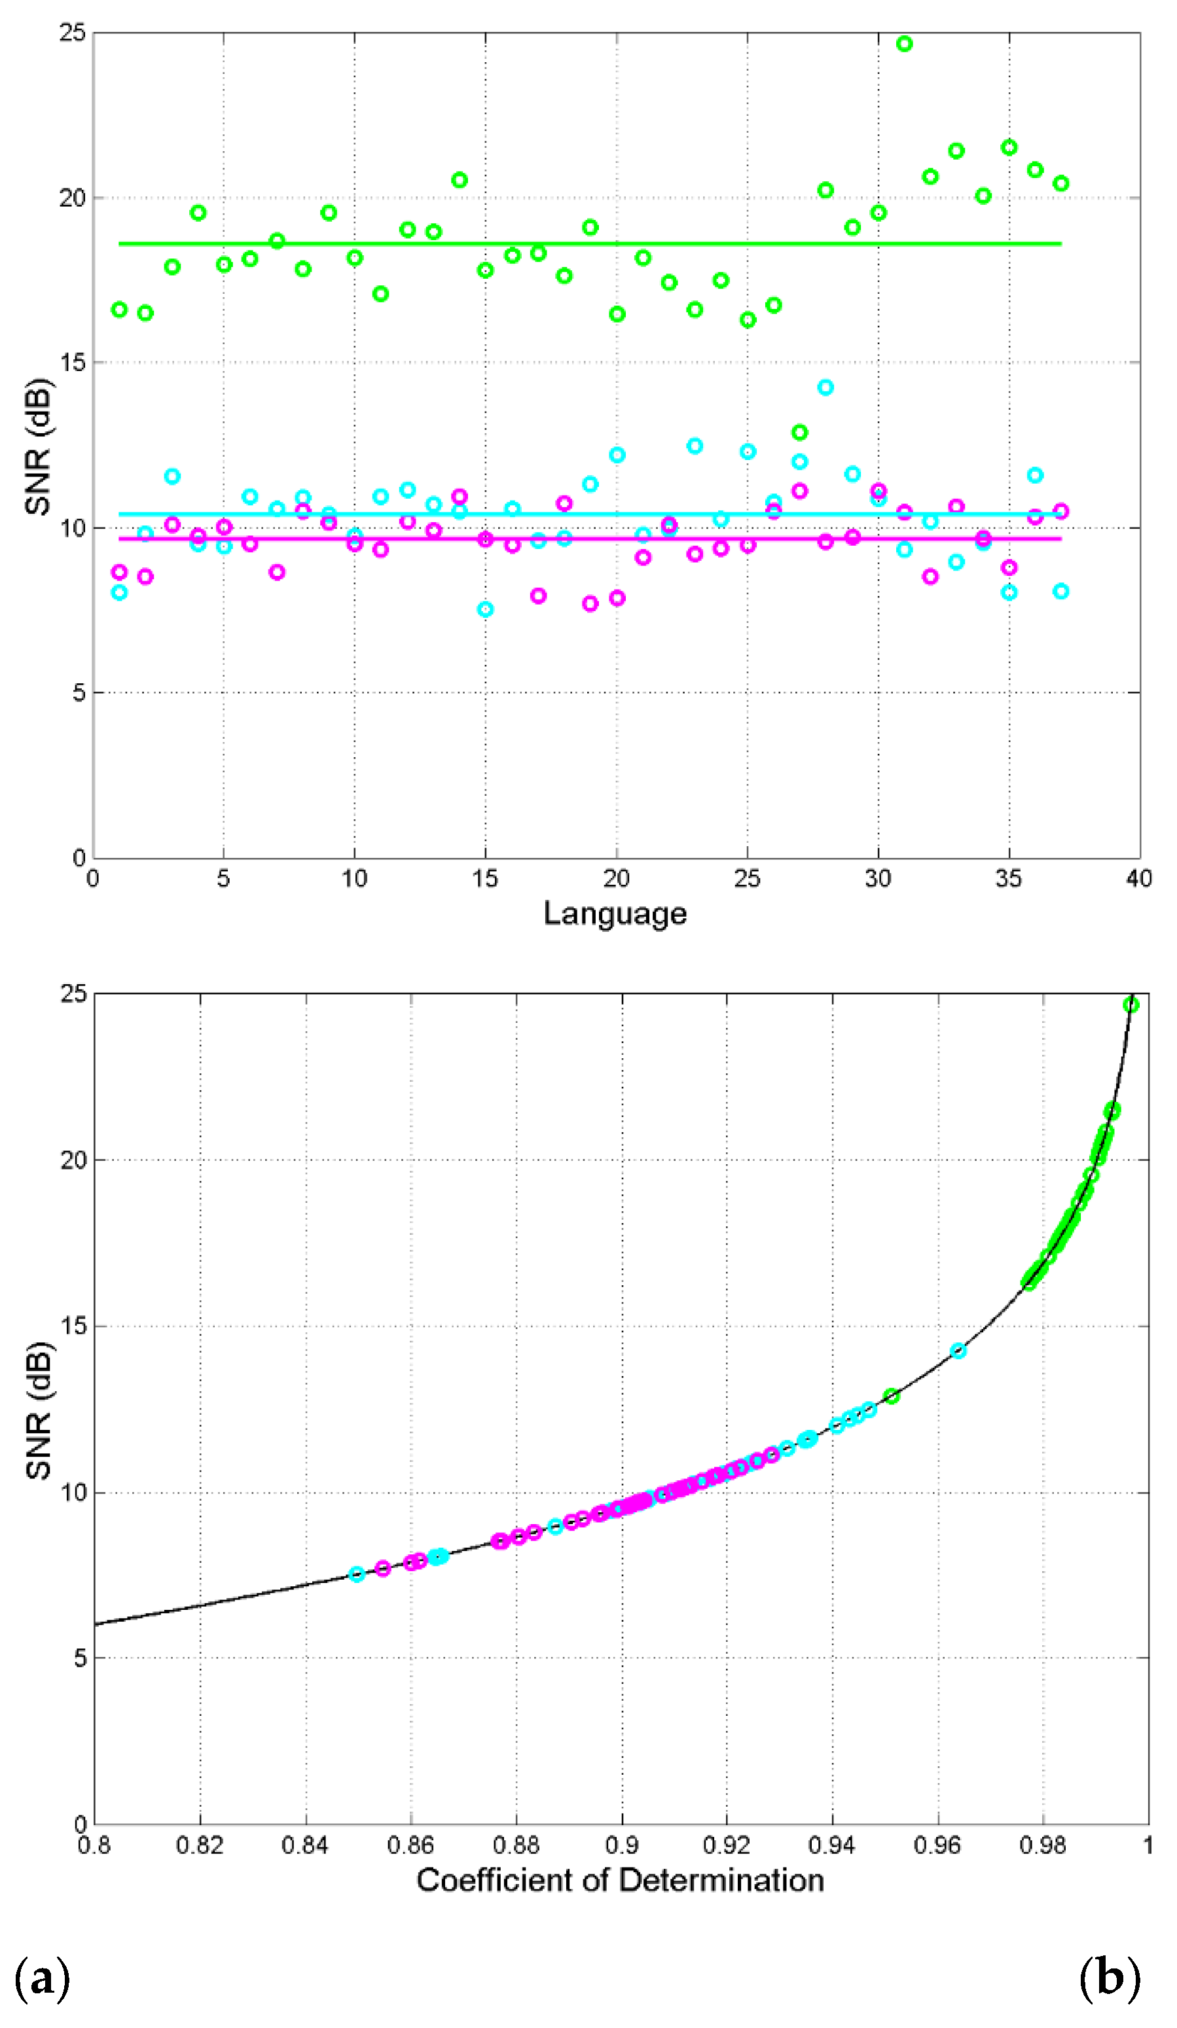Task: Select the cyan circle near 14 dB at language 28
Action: tap(825, 387)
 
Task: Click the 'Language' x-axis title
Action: tap(615, 914)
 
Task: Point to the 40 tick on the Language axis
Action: tap(1138, 878)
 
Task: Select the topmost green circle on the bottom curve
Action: tap(1131, 1005)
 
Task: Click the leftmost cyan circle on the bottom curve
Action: tap(357, 1574)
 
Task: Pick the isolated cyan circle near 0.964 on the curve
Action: tap(958, 1351)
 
